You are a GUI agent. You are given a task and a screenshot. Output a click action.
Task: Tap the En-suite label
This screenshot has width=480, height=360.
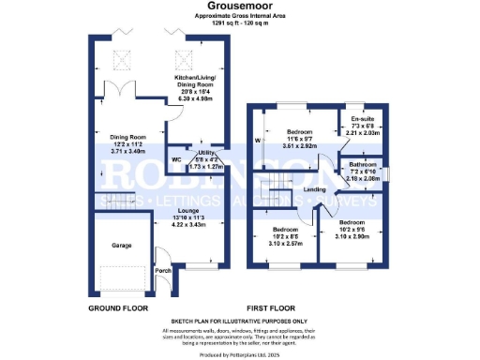[x=361, y=120]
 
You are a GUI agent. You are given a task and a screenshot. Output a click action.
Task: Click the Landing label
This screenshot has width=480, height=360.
[x=315, y=189]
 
